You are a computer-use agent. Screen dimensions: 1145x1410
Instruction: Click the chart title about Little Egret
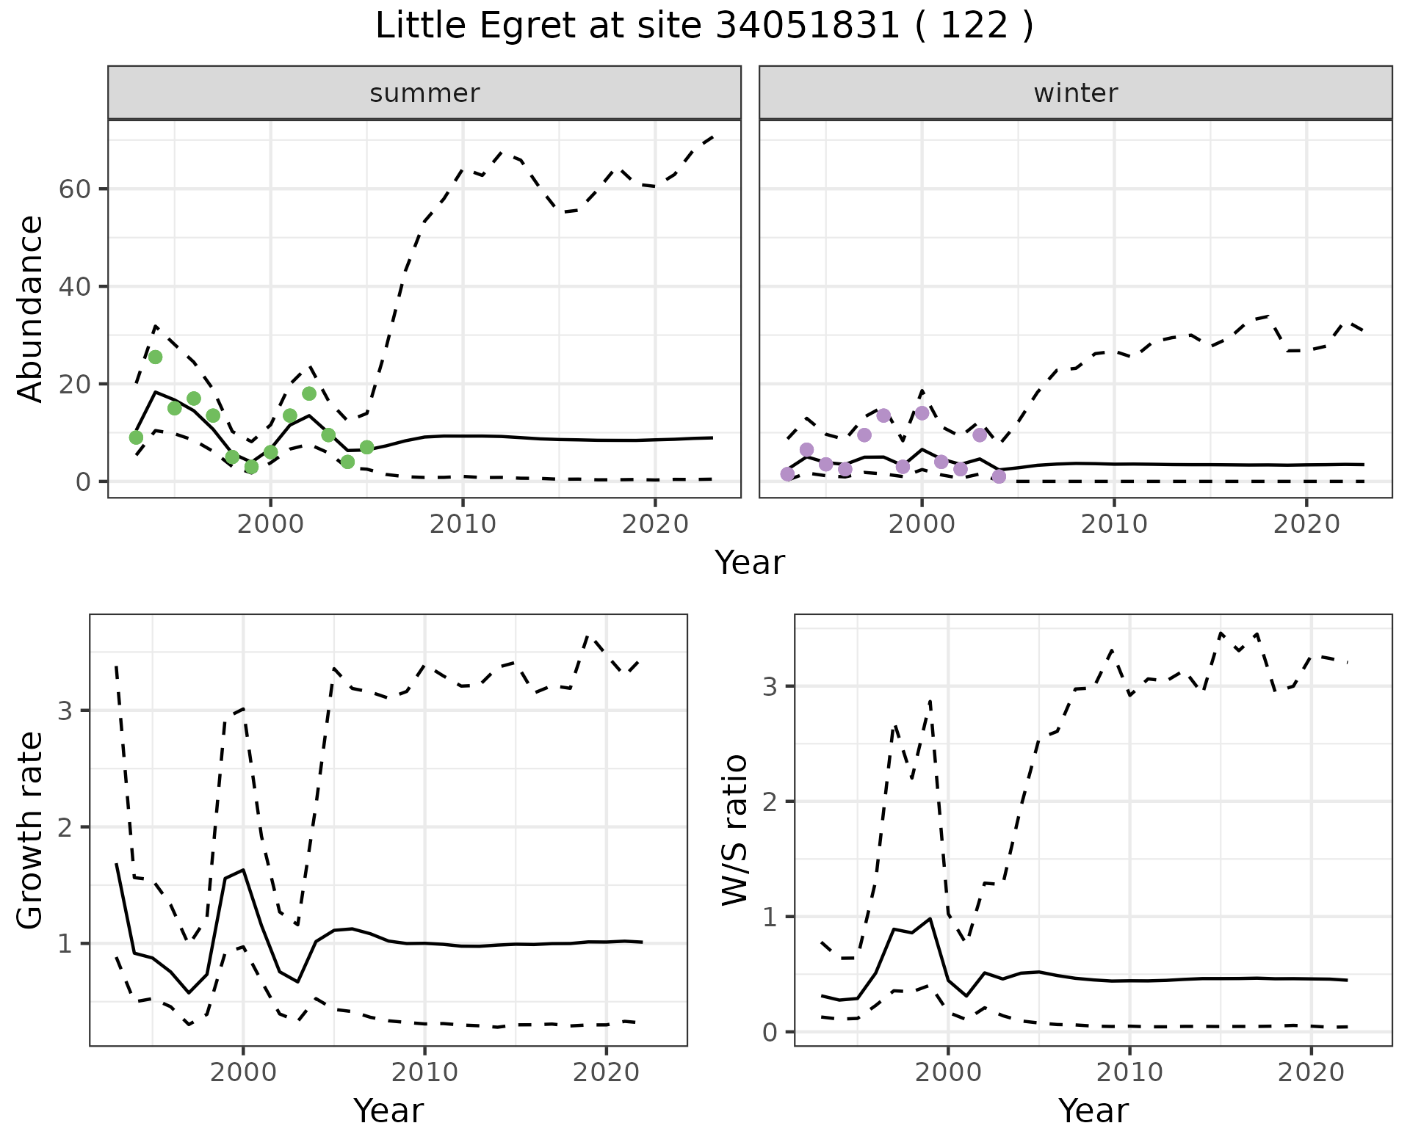704,26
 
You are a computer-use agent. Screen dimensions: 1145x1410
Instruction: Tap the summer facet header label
424,93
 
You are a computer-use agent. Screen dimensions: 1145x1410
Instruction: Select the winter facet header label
1075,93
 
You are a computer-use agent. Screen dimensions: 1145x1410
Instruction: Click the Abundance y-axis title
30,308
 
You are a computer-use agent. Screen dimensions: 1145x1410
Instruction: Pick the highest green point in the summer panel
155,357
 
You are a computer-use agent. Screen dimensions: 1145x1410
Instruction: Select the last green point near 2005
366,447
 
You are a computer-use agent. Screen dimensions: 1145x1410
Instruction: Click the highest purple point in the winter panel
922,413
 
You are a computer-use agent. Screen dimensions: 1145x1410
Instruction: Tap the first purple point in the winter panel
787,474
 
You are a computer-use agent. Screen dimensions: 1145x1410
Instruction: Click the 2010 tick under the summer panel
463,524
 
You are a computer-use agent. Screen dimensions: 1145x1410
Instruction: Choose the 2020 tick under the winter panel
1306,524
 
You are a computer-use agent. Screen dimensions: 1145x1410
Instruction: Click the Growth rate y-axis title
30,829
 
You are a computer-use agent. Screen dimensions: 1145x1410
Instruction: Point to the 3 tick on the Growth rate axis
65,711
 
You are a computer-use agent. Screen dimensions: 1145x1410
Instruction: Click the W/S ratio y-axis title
735,829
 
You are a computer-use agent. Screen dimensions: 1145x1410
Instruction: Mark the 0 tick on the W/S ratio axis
770,1032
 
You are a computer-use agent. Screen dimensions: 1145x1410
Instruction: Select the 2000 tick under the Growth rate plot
243,1072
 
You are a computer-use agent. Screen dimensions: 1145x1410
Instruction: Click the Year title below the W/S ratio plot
1093,1111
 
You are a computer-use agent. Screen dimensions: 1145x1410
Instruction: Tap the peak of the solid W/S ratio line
930,918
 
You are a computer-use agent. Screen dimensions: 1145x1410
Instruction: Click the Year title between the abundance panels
750,563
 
